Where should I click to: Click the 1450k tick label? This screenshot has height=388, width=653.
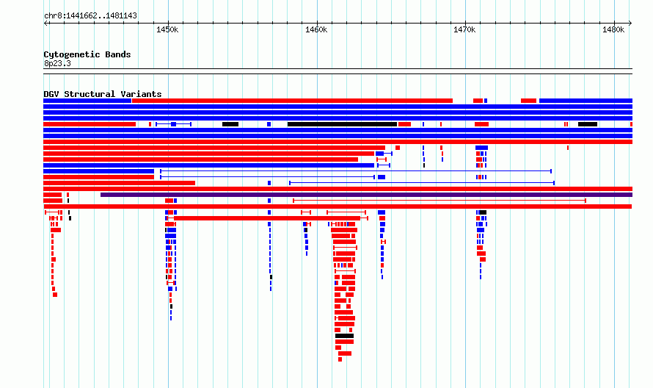coord(167,29)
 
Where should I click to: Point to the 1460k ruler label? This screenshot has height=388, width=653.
coord(316,29)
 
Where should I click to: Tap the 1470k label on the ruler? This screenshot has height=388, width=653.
coord(464,29)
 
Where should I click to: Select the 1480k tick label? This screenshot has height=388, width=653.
coord(613,29)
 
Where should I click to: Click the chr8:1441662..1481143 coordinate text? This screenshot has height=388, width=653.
coord(90,16)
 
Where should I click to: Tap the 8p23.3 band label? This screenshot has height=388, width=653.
coord(57,63)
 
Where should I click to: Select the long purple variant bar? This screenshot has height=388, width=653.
coord(366,195)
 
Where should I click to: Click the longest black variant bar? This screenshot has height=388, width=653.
coord(342,124)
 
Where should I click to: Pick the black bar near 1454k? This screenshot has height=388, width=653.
coord(230,124)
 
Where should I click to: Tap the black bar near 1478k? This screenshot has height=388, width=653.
coord(588,124)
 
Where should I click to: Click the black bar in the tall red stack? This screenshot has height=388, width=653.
coord(344,336)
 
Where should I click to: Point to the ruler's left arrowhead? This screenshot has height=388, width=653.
coord(45,24)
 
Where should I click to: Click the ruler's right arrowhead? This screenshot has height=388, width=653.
coord(630,24)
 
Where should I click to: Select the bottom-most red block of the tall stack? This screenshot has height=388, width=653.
coord(340,359)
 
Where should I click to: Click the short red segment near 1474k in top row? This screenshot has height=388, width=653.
coord(528,101)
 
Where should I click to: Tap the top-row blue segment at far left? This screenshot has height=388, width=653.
coord(87,101)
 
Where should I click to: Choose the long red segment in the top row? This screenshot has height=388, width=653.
coord(292,101)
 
